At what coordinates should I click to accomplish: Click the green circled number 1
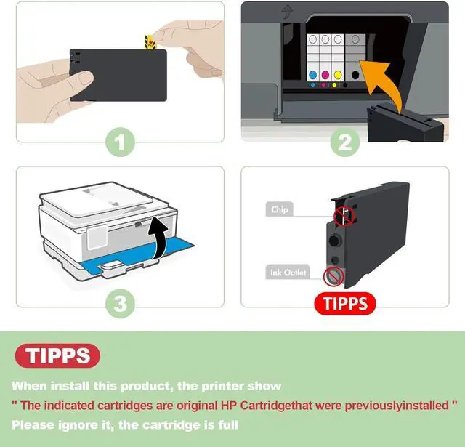pos(120,142)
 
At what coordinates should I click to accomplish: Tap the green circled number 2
pos(345,142)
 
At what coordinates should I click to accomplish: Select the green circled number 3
pos(120,303)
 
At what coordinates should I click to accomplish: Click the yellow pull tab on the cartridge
pos(150,42)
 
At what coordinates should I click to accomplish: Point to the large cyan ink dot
pos(312,75)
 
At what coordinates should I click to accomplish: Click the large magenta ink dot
pos(325,75)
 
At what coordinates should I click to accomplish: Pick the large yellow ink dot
pos(338,75)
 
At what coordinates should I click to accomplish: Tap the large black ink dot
pos(355,75)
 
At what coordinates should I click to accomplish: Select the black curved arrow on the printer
pos(159,237)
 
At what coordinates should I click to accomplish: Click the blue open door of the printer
pos(139,257)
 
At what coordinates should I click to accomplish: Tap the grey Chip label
pos(279,209)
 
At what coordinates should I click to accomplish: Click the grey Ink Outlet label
pos(288,272)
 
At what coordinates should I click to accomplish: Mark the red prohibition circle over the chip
pos(344,216)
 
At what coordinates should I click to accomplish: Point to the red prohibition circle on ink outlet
pos(333,276)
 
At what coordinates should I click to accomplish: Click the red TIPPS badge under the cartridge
pos(345,303)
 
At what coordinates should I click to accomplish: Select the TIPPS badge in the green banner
pos(57,355)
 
